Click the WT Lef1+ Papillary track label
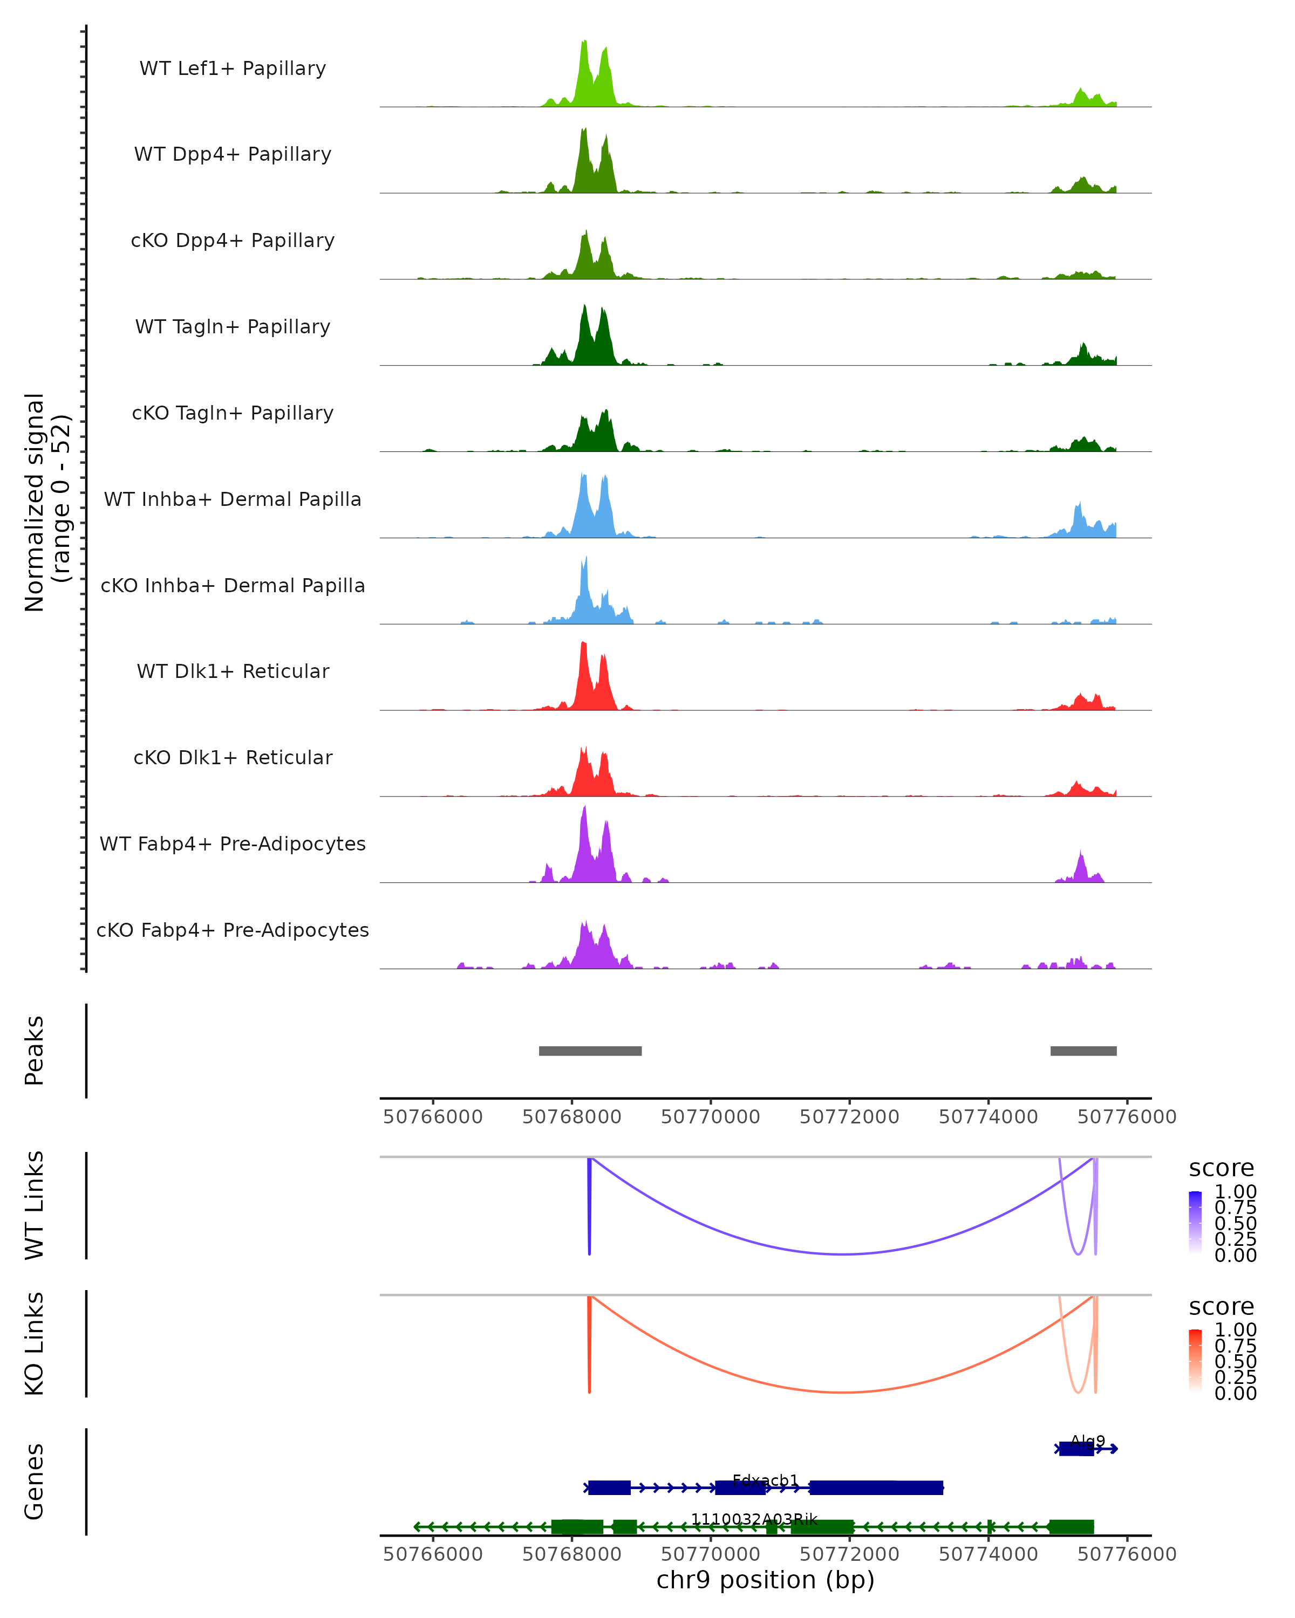233,68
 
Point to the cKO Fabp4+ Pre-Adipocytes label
233,930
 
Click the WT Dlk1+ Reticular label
233,671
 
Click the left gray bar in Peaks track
590,1051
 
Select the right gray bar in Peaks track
1083,1051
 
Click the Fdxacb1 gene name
765,1480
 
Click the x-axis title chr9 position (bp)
765,1580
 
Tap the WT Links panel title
35,1205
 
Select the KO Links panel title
35,1343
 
